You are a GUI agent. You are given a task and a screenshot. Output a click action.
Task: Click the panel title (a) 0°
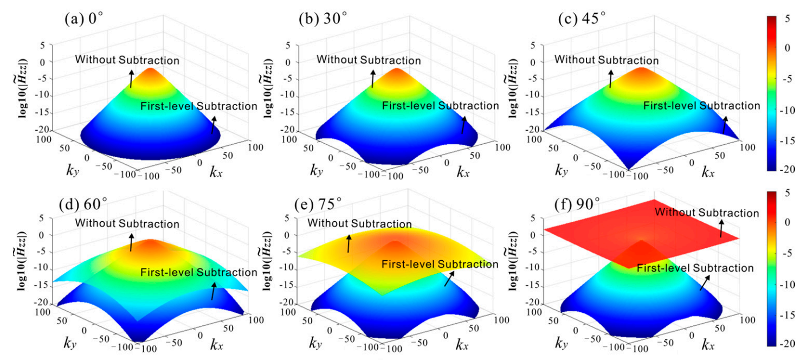click(93, 21)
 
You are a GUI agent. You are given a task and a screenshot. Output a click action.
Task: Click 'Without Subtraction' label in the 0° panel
click(127, 60)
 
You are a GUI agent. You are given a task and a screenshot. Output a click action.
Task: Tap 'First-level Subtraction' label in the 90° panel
click(695, 268)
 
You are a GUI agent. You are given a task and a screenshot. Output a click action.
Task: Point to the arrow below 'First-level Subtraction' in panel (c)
click(725, 125)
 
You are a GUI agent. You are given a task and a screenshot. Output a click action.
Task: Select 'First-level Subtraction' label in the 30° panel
click(440, 106)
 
